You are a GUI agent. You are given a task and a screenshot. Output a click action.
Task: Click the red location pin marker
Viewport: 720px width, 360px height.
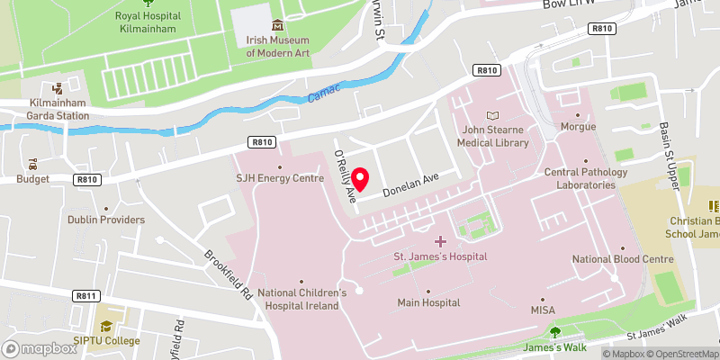point(362,180)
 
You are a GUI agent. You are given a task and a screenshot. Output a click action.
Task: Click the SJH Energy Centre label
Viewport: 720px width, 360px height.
point(280,178)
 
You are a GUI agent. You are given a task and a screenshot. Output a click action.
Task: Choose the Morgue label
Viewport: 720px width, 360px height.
point(578,127)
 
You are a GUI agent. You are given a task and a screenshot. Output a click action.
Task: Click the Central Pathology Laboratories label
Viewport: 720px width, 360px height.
point(580,178)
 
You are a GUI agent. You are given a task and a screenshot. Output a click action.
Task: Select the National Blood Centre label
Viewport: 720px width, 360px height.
point(623,259)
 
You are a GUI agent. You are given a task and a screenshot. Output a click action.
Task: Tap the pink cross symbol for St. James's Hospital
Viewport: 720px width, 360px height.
point(440,240)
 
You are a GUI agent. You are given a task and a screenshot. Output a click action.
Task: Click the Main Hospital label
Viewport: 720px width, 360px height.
point(428,303)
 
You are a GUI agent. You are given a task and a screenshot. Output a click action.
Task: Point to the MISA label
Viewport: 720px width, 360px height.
point(542,310)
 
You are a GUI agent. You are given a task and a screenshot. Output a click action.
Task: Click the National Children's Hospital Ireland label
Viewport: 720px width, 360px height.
point(302,300)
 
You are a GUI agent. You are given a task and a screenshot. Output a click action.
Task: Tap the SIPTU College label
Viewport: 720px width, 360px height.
point(107,340)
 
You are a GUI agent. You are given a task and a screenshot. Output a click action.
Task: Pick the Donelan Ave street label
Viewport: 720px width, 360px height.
point(410,185)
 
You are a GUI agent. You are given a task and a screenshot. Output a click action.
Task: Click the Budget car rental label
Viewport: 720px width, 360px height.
point(33,179)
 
